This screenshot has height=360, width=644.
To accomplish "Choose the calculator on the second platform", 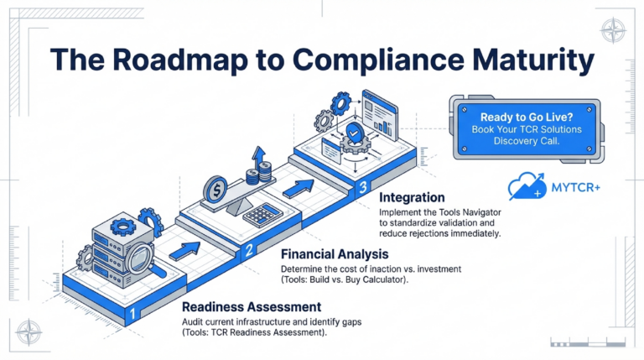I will click(x=260, y=214).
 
